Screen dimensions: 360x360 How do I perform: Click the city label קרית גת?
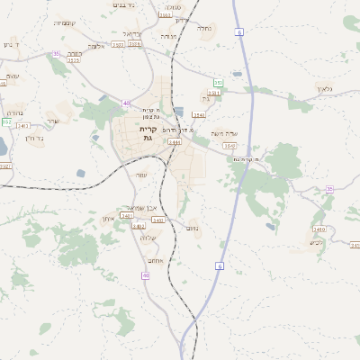pos(149,133)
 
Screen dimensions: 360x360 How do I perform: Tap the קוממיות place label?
pos(65,22)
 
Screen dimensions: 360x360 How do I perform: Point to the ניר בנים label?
pos(124,5)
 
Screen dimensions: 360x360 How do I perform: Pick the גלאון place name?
pos(325,89)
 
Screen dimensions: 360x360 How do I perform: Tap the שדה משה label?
pos(222,134)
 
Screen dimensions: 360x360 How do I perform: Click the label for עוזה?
pos(140,175)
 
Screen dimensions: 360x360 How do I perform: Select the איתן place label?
pos(108,219)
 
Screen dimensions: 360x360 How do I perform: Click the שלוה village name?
pos(148,238)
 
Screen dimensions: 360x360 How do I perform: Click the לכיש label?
pos(316,241)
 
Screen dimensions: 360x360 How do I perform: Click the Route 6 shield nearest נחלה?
pos(239,31)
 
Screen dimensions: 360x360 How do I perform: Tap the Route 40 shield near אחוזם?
pos(146,275)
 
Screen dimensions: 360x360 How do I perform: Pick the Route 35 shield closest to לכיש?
pos(329,189)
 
